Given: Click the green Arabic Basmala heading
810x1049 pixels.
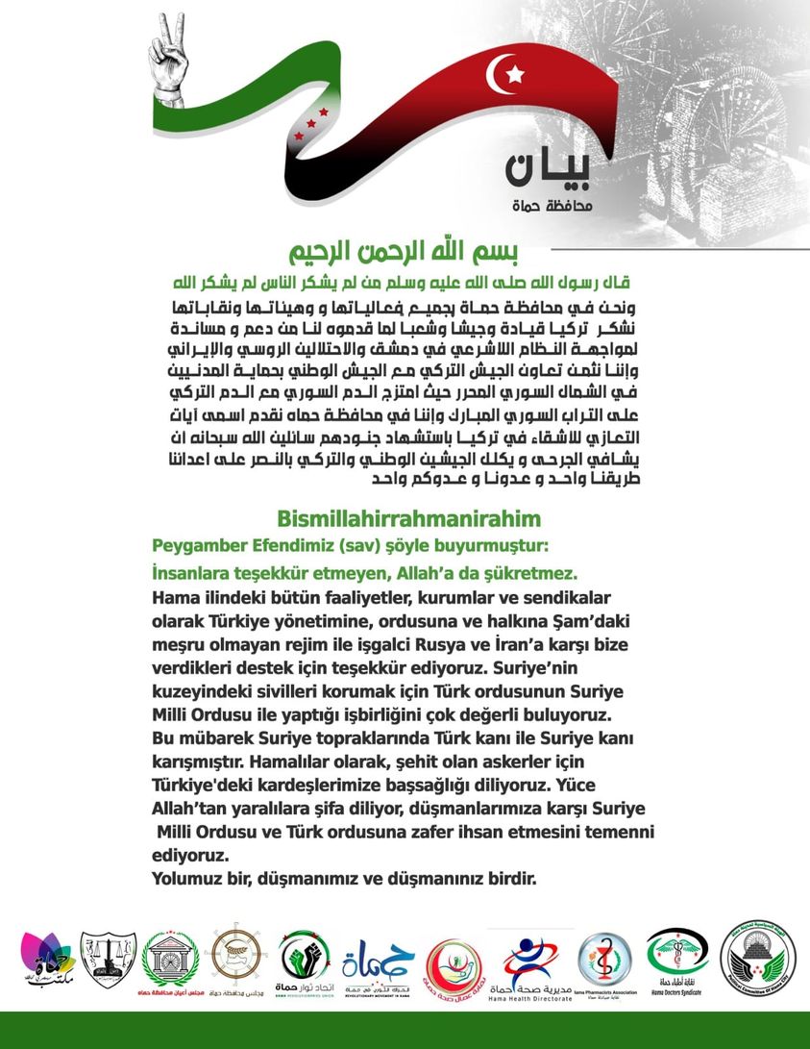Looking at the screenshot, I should pyautogui.click(x=405, y=253).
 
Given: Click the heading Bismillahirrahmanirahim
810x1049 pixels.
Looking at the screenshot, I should pyautogui.click(x=408, y=519).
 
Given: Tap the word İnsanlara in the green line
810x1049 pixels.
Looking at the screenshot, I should pyautogui.click(x=193, y=572).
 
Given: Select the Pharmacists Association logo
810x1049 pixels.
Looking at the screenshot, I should pyautogui.click(x=605, y=962).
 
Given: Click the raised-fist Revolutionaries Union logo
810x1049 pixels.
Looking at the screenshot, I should pyautogui.click(x=305, y=962).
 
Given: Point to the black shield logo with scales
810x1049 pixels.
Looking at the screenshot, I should pyautogui.click(x=108, y=961).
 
